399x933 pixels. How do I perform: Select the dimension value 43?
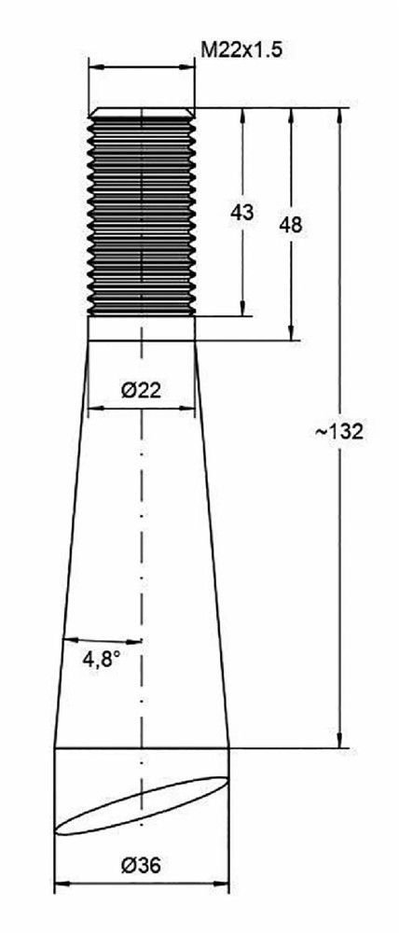click(242, 213)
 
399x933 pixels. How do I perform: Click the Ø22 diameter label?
click(142, 390)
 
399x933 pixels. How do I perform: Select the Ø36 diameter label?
click(142, 866)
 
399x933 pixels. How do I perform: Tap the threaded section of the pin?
click(142, 215)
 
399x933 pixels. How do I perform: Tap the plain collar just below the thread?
click(142, 328)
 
